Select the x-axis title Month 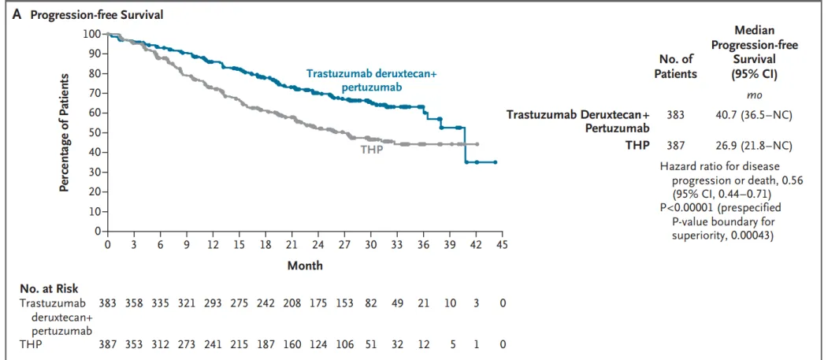[x=305, y=265]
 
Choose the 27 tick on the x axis [x=344, y=245]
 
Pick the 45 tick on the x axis [x=502, y=245]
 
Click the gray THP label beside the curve [x=371, y=149]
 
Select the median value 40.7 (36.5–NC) [x=753, y=115]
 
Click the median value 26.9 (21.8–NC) [x=753, y=145]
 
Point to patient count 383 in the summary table [x=675, y=115]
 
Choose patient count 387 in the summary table [x=675, y=145]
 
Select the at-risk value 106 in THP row [x=344, y=343]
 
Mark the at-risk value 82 [x=370, y=302]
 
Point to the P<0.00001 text [x=689, y=207]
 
